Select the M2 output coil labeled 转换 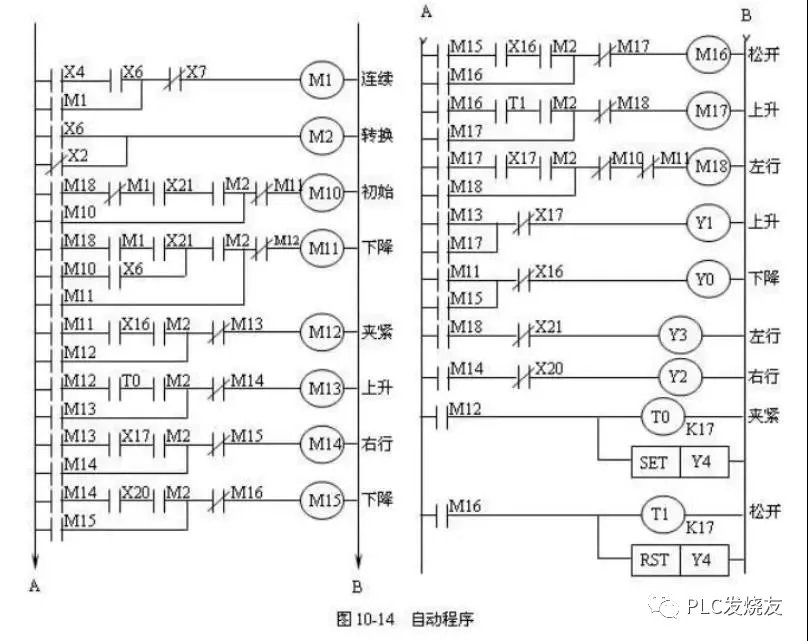coord(322,136)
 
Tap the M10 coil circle coord(322,191)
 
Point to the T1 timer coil coord(662,514)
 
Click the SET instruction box coord(654,463)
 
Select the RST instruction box coord(654,560)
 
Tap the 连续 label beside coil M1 coord(377,80)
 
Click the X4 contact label coord(74,73)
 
